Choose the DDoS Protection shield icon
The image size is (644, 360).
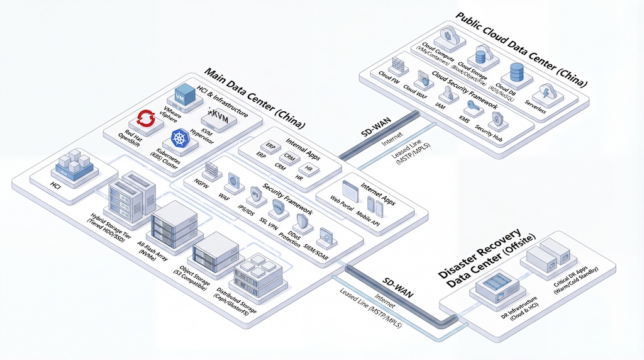pos(302,222)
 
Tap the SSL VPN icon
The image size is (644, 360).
pos(277,207)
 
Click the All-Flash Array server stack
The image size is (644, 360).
pos(170,225)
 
